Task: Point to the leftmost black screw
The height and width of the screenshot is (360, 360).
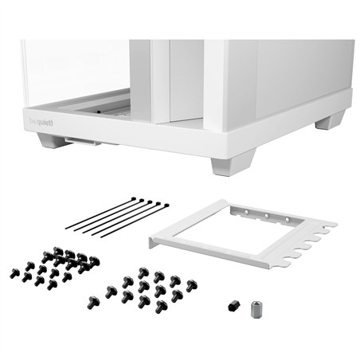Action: point(14,273)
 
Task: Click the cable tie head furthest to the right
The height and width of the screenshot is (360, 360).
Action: point(165,205)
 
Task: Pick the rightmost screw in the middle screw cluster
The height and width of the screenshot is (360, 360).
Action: point(192,284)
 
